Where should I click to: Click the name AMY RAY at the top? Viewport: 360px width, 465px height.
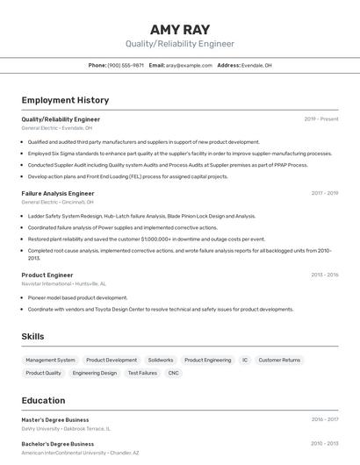[180, 29]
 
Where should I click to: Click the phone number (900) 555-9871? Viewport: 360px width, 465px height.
[126, 65]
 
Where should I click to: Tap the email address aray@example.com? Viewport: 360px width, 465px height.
[189, 65]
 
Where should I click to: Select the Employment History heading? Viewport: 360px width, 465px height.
[65, 100]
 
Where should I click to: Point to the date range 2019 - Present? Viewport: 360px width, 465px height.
[320, 118]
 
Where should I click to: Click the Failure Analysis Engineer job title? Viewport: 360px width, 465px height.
[58, 193]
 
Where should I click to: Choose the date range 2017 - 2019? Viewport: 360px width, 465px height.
[324, 193]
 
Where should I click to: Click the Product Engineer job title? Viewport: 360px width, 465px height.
[47, 275]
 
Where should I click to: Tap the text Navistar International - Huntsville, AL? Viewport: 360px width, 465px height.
[64, 284]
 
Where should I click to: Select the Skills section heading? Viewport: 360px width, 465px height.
[32, 336]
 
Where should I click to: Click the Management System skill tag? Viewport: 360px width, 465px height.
[50, 360]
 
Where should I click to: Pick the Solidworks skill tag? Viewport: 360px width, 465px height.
[161, 360]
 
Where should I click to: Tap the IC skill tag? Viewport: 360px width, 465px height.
[245, 360]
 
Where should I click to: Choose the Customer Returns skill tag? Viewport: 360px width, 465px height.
[279, 360]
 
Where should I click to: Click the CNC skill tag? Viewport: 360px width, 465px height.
[174, 373]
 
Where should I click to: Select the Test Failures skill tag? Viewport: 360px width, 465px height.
[142, 373]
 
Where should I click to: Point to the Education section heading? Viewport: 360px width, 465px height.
[43, 400]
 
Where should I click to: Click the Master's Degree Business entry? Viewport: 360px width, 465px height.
[55, 419]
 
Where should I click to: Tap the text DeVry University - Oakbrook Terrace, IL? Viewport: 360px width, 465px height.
[67, 429]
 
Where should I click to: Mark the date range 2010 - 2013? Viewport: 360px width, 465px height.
[324, 444]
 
